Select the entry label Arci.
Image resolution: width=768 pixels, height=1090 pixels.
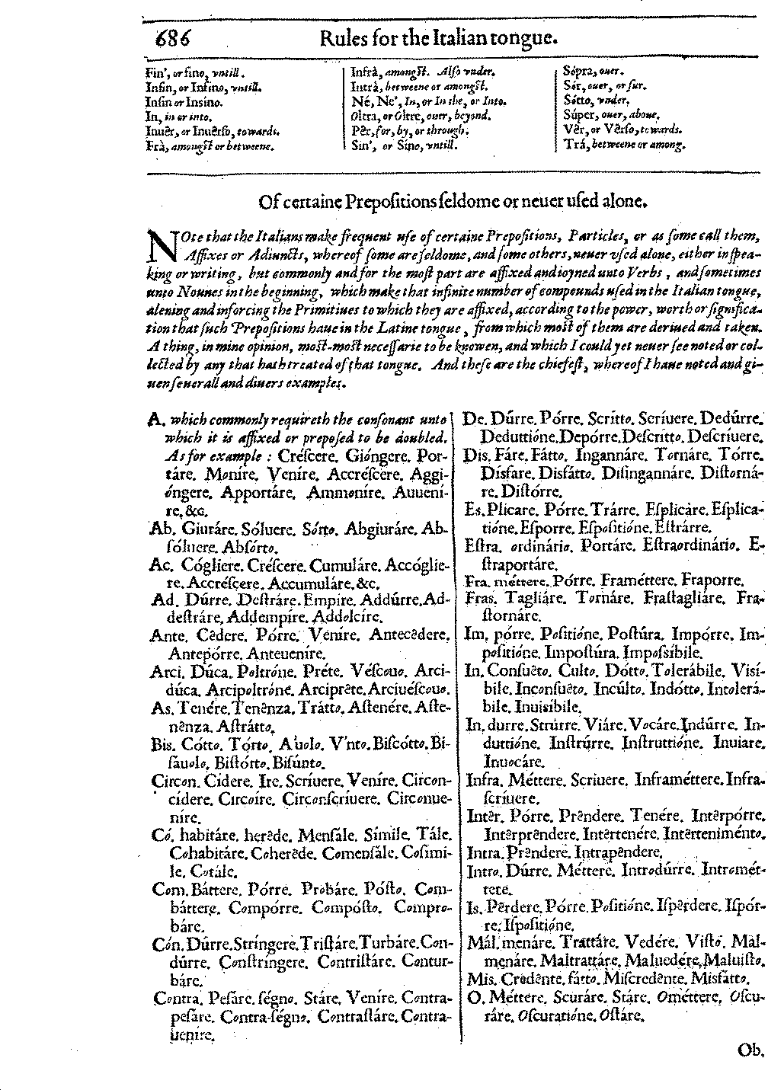coord(165,670)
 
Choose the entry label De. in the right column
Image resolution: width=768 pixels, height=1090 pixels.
coord(475,418)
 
